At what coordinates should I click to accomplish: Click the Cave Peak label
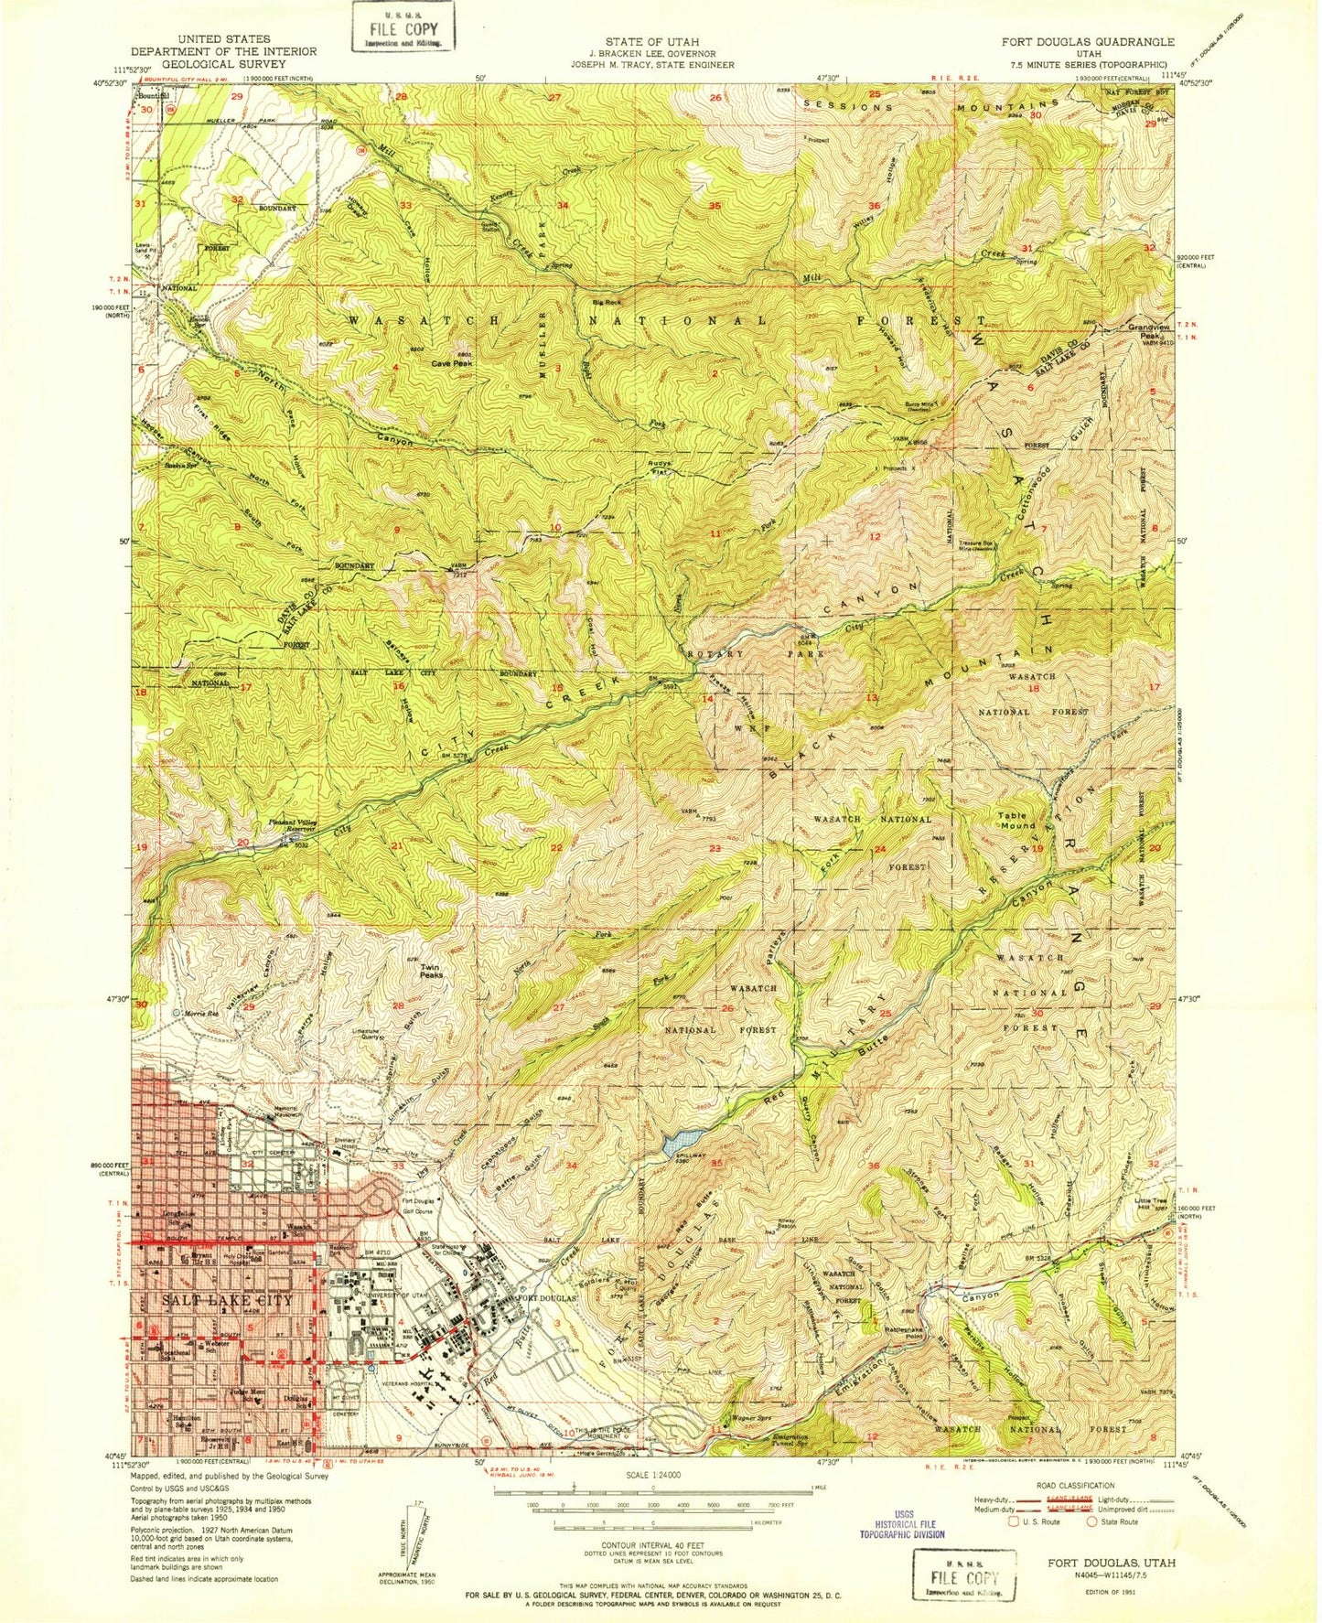click(453, 363)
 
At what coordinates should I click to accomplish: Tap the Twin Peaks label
click(430, 971)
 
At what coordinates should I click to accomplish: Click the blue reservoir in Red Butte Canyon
click(683, 1140)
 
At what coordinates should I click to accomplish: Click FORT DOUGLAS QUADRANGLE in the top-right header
click(1087, 42)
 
